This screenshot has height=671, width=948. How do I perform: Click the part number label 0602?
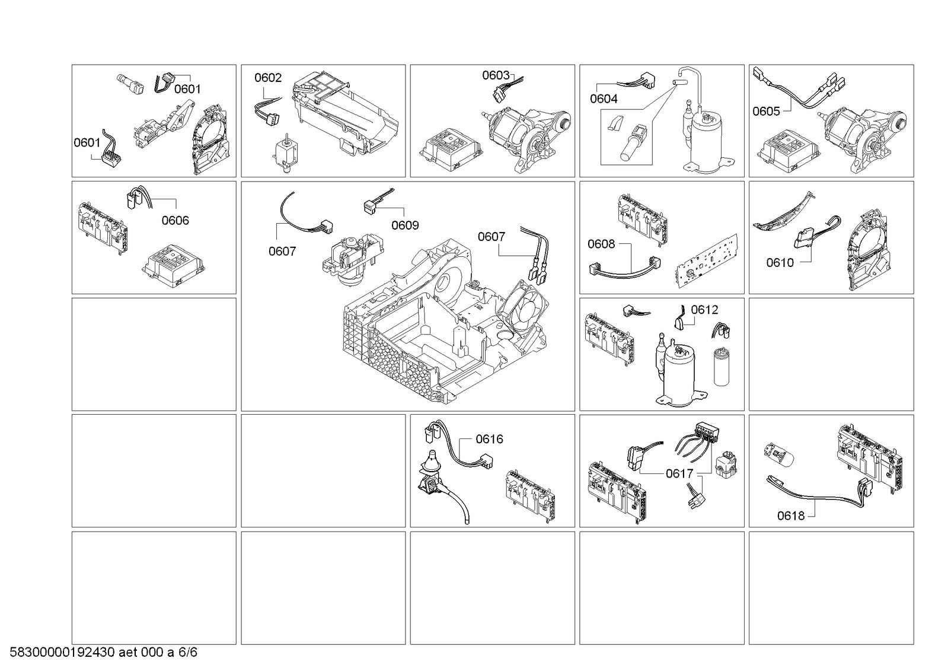268,78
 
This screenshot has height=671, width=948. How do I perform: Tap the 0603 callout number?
496,75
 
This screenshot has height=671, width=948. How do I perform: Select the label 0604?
604,99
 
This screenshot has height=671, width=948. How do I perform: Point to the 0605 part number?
766,112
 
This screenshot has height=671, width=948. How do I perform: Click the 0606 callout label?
175,220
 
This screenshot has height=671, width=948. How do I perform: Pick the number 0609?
405,225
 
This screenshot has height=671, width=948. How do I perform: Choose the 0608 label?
601,244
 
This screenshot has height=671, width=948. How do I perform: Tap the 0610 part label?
780,263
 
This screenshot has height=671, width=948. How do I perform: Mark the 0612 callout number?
705,310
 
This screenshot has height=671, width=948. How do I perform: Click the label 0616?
489,439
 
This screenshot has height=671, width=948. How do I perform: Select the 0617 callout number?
679,473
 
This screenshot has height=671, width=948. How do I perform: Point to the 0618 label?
791,516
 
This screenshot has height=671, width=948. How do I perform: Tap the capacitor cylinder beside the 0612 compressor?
721,367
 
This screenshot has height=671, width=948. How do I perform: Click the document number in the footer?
103,653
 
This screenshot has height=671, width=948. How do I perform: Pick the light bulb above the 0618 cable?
778,455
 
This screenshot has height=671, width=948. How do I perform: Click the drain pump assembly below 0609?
353,259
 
